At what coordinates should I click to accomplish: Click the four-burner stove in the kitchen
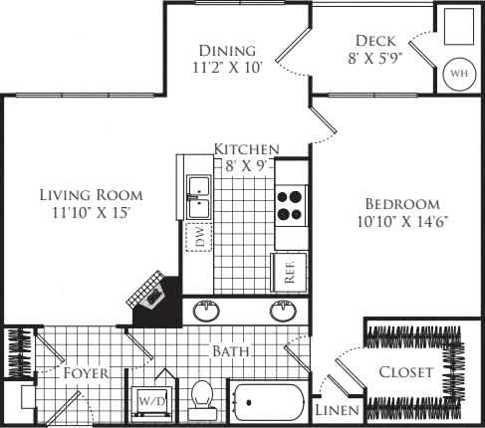pyautogui.click(x=291, y=204)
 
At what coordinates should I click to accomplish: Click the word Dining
pyautogui.click(x=227, y=51)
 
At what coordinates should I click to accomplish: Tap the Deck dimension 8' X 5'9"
pyautogui.click(x=376, y=60)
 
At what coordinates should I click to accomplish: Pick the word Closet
pyautogui.click(x=406, y=372)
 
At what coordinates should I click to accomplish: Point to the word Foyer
pyautogui.click(x=86, y=374)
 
